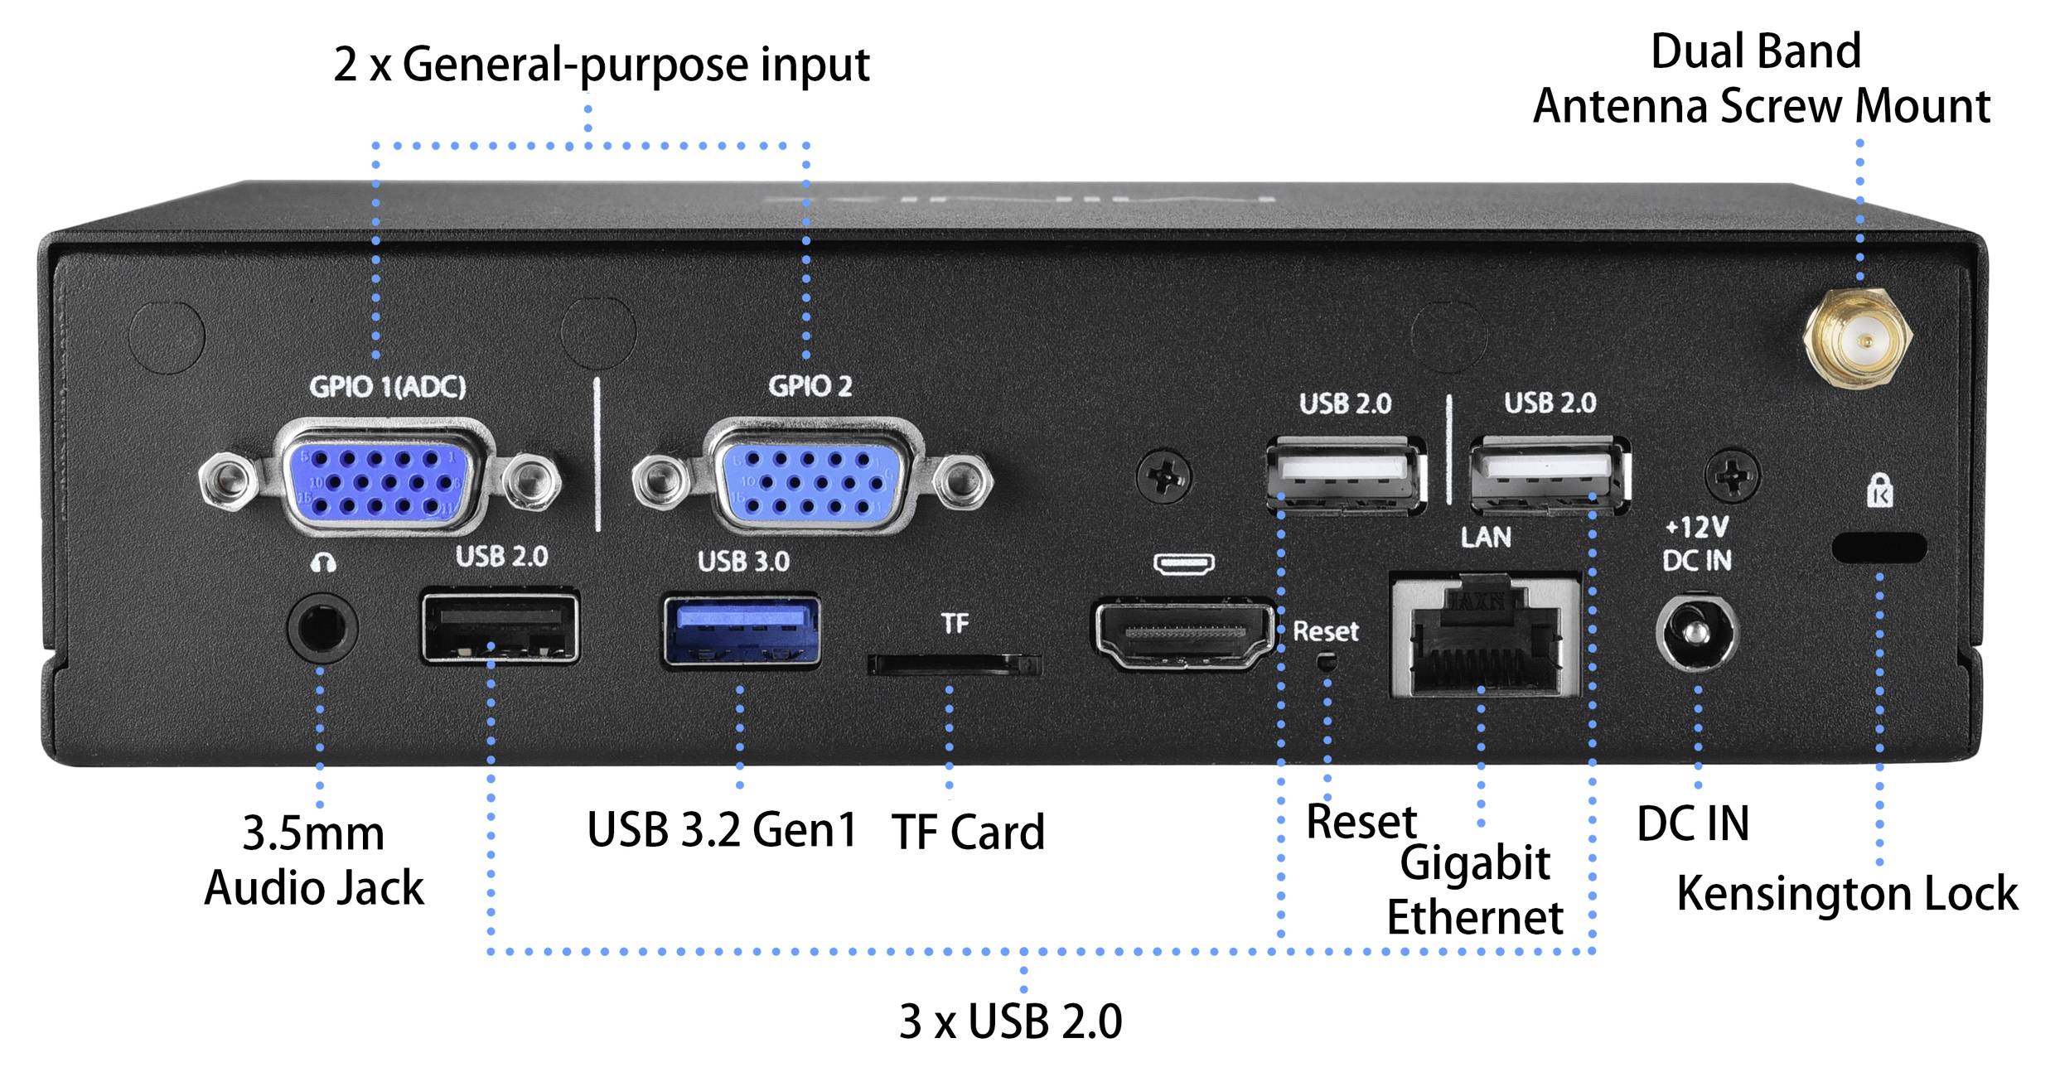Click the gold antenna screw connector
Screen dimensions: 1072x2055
pyautogui.click(x=1859, y=340)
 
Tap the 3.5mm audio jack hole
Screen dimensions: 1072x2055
pyautogui.click(x=322, y=628)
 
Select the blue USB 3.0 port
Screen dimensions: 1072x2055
pyautogui.click(x=742, y=631)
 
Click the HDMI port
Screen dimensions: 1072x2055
pyautogui.click(x=1185, y=635)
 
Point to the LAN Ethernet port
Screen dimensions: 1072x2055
pyautogui.click(x=1485, y=635)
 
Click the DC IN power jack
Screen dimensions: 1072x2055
pyautogui.click(x=1696, y=634)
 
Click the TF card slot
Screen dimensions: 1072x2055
pyautogui.click(x=953, y=664)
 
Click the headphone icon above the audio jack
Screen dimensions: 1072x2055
pyautogui.click(x=322, y=564)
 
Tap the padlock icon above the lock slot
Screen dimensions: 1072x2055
pyautogui.click(x=1879, y=491)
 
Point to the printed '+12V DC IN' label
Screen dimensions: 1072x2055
pyautogui.click(x=1696, y=544)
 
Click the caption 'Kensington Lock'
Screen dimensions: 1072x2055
pyautogui.click(x=1846, y=894)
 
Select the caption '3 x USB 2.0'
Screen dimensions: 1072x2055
pyautogui.click(x=1010, y=1021)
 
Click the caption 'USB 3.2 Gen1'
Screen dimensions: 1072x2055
pyautogui.click(x=721, y=829)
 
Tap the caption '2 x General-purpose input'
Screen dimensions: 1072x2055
pyautogui.click(x=601, y=64)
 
